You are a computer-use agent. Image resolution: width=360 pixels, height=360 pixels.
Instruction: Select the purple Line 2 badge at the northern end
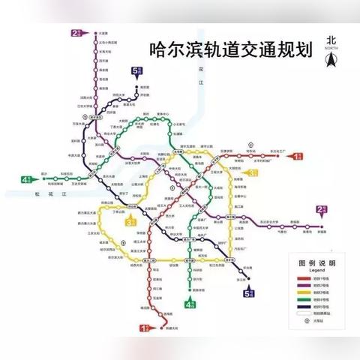click(75, 33)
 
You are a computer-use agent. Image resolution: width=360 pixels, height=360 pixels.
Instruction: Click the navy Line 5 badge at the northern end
click(135, 73)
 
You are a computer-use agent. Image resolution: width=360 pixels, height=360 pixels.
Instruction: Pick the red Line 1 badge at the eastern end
click(298, 156)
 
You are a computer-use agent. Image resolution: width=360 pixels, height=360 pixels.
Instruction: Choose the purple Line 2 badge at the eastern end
click(321, 211)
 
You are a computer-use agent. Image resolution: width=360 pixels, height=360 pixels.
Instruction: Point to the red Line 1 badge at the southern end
click(145, 328)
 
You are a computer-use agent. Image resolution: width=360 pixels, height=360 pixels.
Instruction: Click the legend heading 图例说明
click(317, 264)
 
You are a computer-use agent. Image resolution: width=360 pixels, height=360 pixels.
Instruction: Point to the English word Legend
click(317, 271)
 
